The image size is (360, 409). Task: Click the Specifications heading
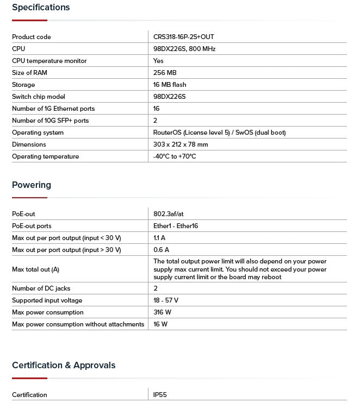point(41,8)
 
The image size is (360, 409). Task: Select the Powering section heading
point(32,185)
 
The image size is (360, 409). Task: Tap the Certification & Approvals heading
point(64,366)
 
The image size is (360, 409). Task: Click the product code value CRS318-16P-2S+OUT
point(184,37)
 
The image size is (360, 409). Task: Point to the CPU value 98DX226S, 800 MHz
point(184,49)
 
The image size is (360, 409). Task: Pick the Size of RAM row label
point(29,73)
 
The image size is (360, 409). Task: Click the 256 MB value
point(165,73)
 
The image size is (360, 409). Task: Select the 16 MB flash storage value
point(170,85)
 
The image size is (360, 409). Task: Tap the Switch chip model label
point(38,97)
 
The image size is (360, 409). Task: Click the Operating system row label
point(38,133)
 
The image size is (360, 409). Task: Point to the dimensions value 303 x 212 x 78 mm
point(181,144)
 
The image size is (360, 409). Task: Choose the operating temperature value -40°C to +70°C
point(175,156)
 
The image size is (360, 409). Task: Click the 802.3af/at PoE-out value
point(169,214)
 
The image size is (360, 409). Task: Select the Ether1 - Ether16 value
point(176,226)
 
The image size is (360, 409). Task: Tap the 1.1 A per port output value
point(159,238)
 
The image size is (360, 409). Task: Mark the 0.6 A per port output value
point(161,250)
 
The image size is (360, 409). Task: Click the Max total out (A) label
point(35,269)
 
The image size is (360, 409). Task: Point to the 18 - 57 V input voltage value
point(166,300)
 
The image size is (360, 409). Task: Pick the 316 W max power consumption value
point(163,312)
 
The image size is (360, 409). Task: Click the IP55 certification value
point(160,395)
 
